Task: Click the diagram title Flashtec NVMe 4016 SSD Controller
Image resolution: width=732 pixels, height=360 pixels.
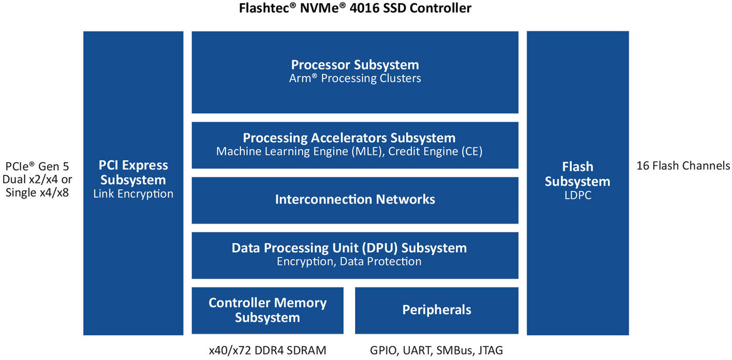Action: click(x=355, y=8)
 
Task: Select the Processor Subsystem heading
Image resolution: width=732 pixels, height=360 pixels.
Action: click(x=355, y=64)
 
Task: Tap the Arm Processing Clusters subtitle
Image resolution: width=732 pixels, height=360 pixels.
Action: click(x=355, y=79)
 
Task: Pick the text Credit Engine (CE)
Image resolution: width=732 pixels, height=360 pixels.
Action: click(x=436, y=152)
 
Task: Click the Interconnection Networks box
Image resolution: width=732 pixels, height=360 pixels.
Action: click(x=355, y=200)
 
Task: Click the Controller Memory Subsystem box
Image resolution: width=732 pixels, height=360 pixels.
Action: click(x=267, y=311)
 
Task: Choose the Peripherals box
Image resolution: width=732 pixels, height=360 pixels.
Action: click(x=436, y=311)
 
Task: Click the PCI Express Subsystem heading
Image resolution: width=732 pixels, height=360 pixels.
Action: click(x=133, y=173)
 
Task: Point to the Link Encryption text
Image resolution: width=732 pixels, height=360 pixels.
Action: click(x=133, y=194)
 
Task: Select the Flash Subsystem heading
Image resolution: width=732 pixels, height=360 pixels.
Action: click(x=577, y=174)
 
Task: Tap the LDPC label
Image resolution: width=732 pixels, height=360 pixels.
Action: click(x=577, y=195)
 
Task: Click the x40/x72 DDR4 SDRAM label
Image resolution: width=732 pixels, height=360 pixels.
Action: click(x=267, y=351)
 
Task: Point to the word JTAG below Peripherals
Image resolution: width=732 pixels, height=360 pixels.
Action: click(x=489, y=351)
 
